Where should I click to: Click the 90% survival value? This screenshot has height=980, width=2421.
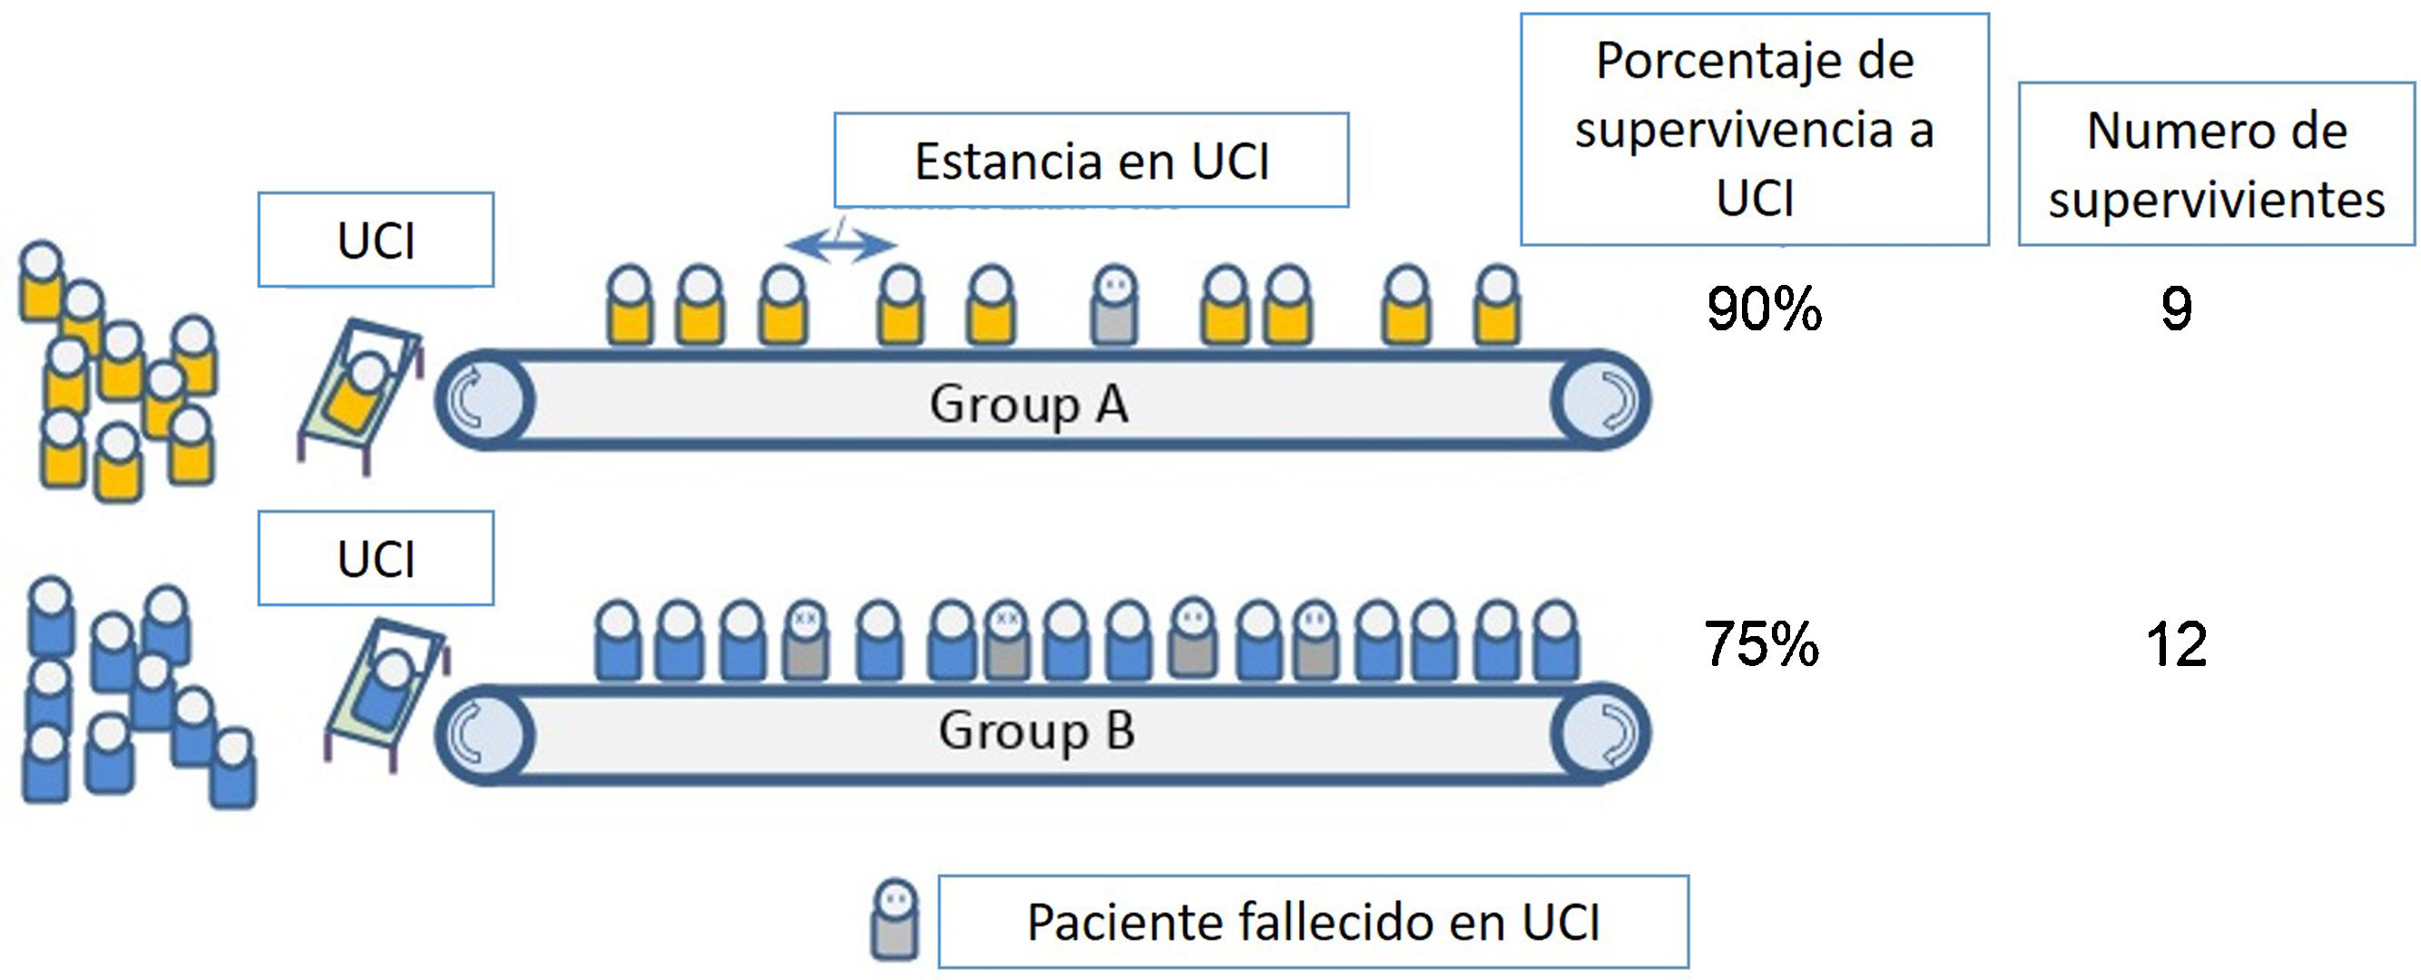click(x=1764, y=309)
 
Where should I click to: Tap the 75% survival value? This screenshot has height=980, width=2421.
click(x=1761, y=644)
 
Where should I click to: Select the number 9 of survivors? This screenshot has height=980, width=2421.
click(x=2177, y=309)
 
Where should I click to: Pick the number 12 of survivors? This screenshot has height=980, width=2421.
click(x=2177, y=644)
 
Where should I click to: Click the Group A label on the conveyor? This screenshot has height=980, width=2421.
click(x=1029, y=404)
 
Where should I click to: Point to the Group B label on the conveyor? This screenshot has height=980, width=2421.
click(x=1037, y=731)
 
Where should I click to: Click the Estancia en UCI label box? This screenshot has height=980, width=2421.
click(x=1091, y=161)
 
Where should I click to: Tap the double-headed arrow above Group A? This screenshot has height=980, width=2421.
click(x=841, y=244)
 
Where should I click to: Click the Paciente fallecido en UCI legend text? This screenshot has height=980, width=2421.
click(x=1313, y=922)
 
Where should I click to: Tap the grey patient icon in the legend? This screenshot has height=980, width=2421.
click(x=895, y=920)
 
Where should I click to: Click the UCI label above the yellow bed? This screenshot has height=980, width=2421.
click(x=376, y=240)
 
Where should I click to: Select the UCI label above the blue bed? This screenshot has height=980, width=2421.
click(x=376, y=559)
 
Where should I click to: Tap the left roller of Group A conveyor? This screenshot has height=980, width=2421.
click(x=485, y=400)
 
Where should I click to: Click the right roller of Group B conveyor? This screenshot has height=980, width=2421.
click(x=1601, y=734)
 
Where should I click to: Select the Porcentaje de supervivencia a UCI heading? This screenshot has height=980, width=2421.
click(x=1755, y=129)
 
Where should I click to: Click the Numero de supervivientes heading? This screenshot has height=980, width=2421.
click(x=2216, y=164)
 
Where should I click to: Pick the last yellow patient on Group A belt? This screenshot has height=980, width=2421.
click(x=1496, y=306)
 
